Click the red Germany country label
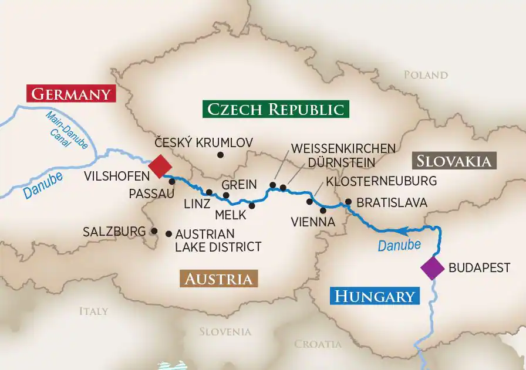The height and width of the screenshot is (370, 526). [71, 94]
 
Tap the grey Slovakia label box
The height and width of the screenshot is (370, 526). [455, 161]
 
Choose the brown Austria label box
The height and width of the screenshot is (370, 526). [220, 279]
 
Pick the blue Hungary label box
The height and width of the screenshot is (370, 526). [375, 296]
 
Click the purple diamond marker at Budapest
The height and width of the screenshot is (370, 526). [433, 268]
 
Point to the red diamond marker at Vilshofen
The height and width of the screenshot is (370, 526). [159, 166]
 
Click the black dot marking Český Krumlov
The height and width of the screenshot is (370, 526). [221, 155]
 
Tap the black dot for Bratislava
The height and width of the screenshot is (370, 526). [348, 202]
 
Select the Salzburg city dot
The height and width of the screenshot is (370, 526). [154, 231]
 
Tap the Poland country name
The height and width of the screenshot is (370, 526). [426, 75]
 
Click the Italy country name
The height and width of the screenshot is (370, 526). [94, 311]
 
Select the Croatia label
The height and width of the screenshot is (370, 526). [317, 344]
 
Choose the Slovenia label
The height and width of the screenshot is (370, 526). [225, 331]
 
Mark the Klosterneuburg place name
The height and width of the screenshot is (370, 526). [382, 181]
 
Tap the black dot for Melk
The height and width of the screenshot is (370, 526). [252, 205]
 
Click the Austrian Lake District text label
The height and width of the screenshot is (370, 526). [218, 240]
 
